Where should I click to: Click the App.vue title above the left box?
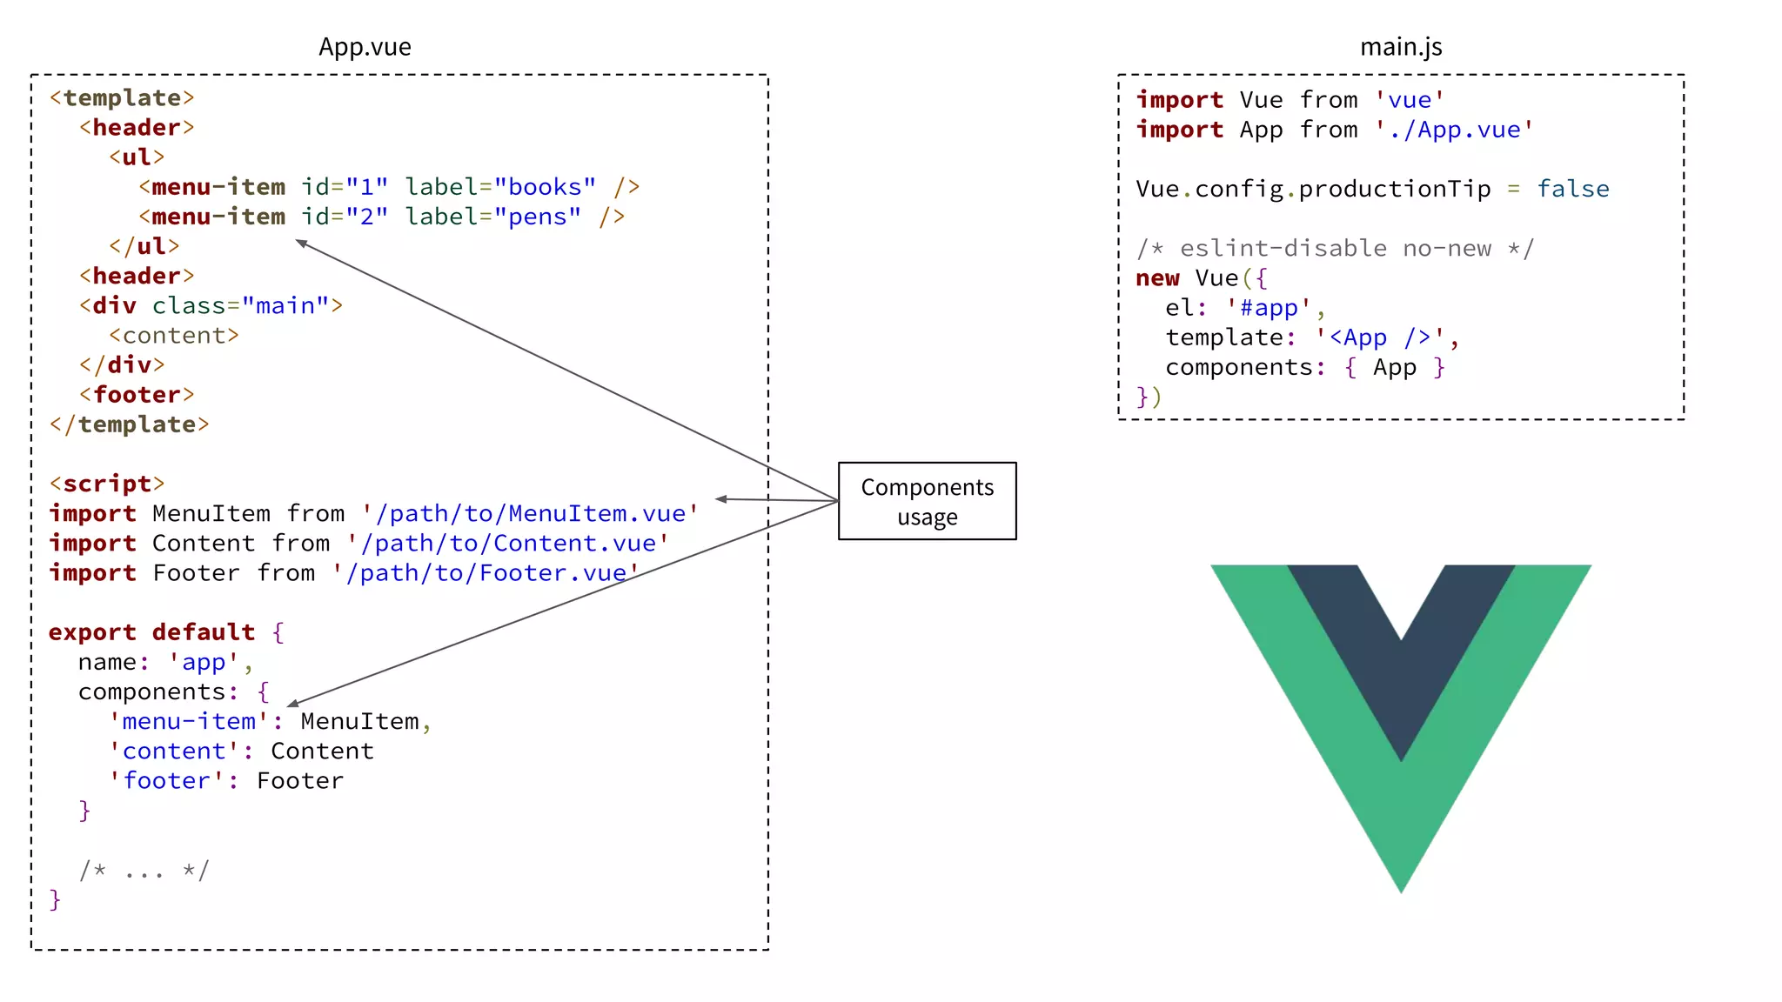[365, 47]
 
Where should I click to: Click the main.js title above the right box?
[1401, 47]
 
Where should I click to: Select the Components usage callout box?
[927, 501]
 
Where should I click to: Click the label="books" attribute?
[500, 187]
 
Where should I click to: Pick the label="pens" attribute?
[493, 217]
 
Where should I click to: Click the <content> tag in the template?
[174, 336]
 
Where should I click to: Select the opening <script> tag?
[107, 484]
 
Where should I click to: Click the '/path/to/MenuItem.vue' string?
[530, 514]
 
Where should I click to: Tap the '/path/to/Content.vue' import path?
[508, 544]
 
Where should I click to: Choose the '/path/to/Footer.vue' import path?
[486, 573]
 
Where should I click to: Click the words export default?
[152, 632]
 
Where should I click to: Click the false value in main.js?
[1572, 190]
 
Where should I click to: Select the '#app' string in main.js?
[1269, 308]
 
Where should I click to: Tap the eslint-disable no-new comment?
[1335, 249]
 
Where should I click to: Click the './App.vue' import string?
[1454, 130]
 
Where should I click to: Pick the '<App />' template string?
[1380, 337]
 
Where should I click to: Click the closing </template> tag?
[130, 424]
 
